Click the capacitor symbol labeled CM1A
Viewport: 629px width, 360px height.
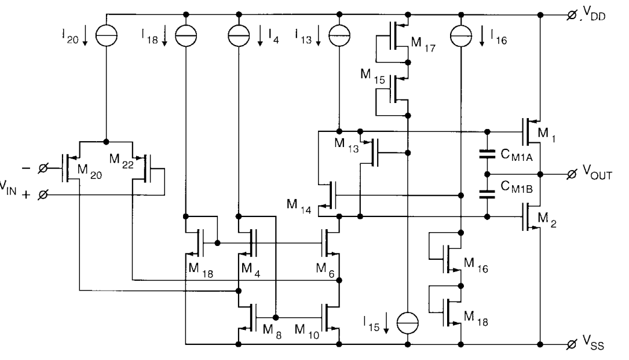tap(488, 156)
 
